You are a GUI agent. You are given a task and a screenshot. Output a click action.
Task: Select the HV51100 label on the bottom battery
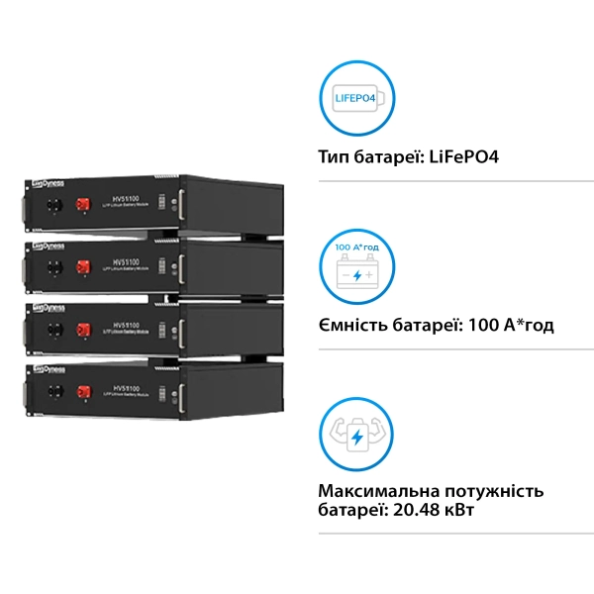pyautogui.click(x=127, y=378)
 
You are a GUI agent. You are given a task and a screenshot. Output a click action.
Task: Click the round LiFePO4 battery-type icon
pyautogui.click(x=356, y=98)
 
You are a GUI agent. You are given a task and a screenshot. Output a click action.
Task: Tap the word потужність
pyautogui.click(x=501, y=492)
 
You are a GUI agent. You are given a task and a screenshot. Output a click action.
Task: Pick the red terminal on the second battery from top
pyautogui.click(x=85, y=268)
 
